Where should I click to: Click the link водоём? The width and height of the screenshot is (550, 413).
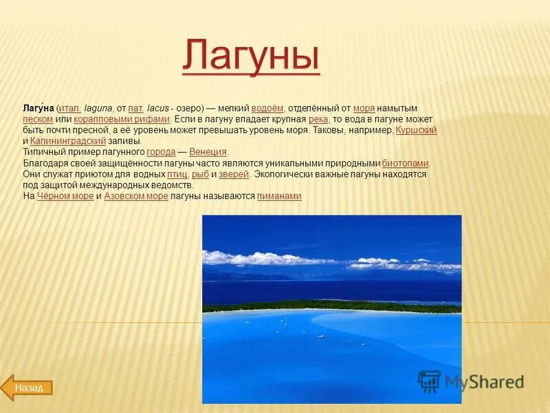point(267,109)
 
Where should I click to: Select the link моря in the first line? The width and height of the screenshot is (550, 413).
point(364,109)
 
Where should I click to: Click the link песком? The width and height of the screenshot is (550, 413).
point(38,120)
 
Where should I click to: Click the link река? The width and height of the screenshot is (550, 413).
point(318,120)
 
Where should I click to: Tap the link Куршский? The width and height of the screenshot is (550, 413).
point(417,130)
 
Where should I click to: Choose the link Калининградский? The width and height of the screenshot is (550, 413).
point(68,141)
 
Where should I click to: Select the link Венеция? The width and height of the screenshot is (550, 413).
point(208,152)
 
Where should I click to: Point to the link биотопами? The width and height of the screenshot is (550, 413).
point(406,163)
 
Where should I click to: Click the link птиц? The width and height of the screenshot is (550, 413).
point(177,174)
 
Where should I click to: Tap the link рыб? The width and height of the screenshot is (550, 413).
point(200,174)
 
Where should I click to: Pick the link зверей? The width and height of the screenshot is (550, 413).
point(234,174)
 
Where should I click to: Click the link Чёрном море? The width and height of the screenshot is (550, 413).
point(65,196)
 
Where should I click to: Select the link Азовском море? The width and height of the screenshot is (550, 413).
point(136,196)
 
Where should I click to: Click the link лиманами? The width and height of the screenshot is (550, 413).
point(279,196)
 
